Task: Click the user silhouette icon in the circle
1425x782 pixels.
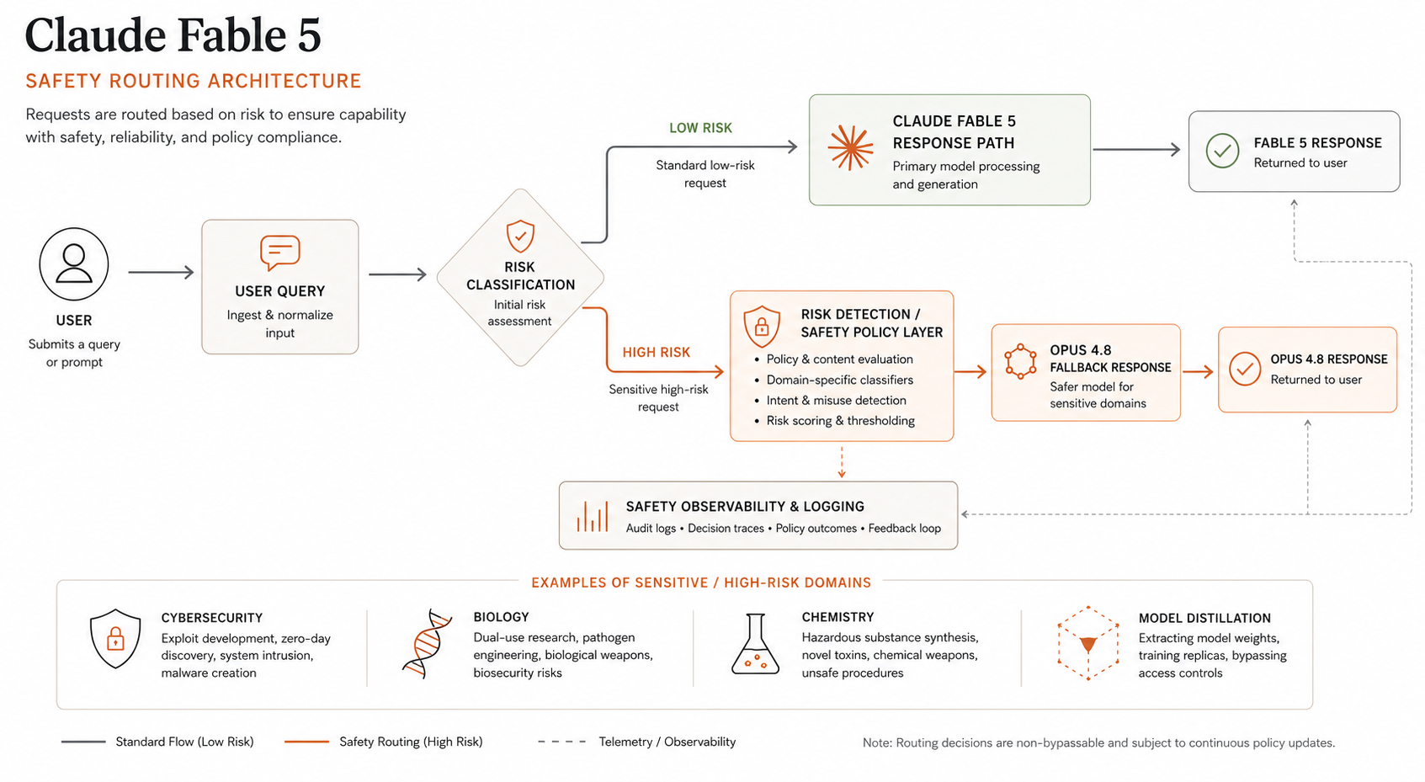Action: [x=74, y=263]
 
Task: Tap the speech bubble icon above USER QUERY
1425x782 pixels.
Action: [x=280, y=253]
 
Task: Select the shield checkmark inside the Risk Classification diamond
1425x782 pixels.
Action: [x=520, y=236]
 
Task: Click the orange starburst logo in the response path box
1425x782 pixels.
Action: [x=851, y=147]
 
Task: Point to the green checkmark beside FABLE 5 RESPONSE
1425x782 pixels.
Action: [x=1222, y=151]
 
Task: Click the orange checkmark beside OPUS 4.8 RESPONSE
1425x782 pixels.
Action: [x=1245, y=369]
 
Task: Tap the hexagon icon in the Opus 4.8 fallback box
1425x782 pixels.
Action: [x=1020, y=361]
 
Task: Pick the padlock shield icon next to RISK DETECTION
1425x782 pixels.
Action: [x=762, y=327]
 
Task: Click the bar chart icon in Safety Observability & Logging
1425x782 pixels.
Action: [x=593, y=516]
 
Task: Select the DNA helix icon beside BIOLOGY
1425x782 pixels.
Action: [x=427, y=643]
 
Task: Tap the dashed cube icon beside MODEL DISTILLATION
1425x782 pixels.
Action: [x=1088, y=643]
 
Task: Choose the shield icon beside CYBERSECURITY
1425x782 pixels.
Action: [x=115, y=639]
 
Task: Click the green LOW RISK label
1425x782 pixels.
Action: [x=700, y=128]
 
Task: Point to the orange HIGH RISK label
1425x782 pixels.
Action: [x=656, y=353]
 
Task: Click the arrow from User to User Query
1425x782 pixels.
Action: [x=161, y=273]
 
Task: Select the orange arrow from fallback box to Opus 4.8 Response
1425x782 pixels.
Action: [x=1198, y=371]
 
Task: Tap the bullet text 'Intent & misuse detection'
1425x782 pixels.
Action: [x=836, y=400]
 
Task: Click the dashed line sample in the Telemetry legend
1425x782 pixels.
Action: [x=561, y=742]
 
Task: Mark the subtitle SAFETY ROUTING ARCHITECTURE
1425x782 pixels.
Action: [x=194, y=82]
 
